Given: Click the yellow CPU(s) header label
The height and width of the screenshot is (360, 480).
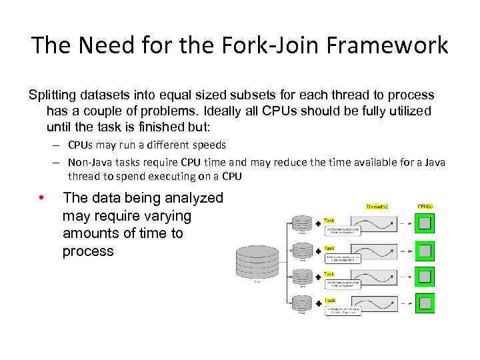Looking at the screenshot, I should point(425,207).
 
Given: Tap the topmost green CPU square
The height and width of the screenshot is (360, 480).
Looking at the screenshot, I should point(425,225).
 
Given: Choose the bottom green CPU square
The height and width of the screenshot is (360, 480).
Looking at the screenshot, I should point(425,303).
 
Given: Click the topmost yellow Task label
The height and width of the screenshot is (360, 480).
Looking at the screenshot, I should point(329,220).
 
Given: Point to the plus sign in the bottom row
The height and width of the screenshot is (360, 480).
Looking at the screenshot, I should point(318,304).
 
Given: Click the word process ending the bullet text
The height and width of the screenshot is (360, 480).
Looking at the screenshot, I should point(88,251).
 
